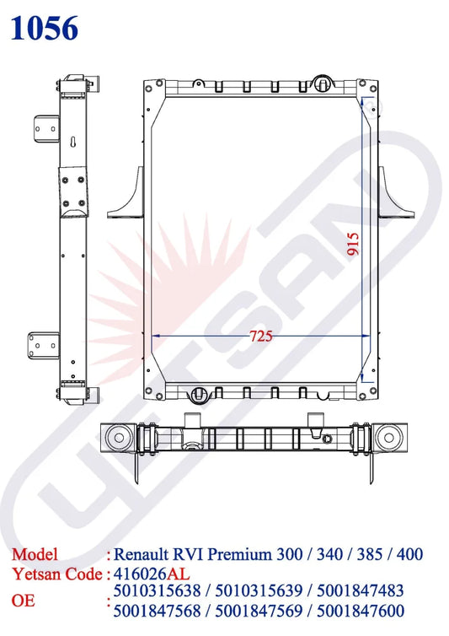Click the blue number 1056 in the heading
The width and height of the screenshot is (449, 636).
(45, 28)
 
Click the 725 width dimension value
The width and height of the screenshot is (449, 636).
(261, 336)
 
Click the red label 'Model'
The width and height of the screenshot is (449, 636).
(35, 555)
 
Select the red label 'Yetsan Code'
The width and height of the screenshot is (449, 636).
(56, 574)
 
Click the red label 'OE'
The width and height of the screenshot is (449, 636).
(24, 601)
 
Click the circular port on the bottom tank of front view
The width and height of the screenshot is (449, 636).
(195, 391)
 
